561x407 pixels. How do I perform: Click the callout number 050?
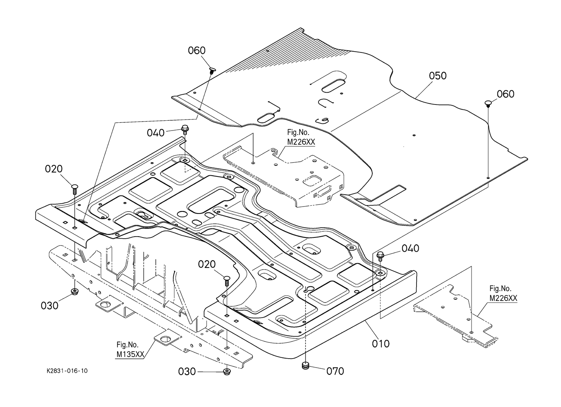437,76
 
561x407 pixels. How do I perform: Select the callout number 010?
381,344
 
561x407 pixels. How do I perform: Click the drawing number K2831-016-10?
67,371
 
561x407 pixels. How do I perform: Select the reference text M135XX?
130,355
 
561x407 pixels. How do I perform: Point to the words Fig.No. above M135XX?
127,345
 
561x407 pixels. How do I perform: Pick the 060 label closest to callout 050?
505,94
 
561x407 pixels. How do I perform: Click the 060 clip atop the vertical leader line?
488,104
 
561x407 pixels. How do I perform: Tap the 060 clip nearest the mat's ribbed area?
212,71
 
